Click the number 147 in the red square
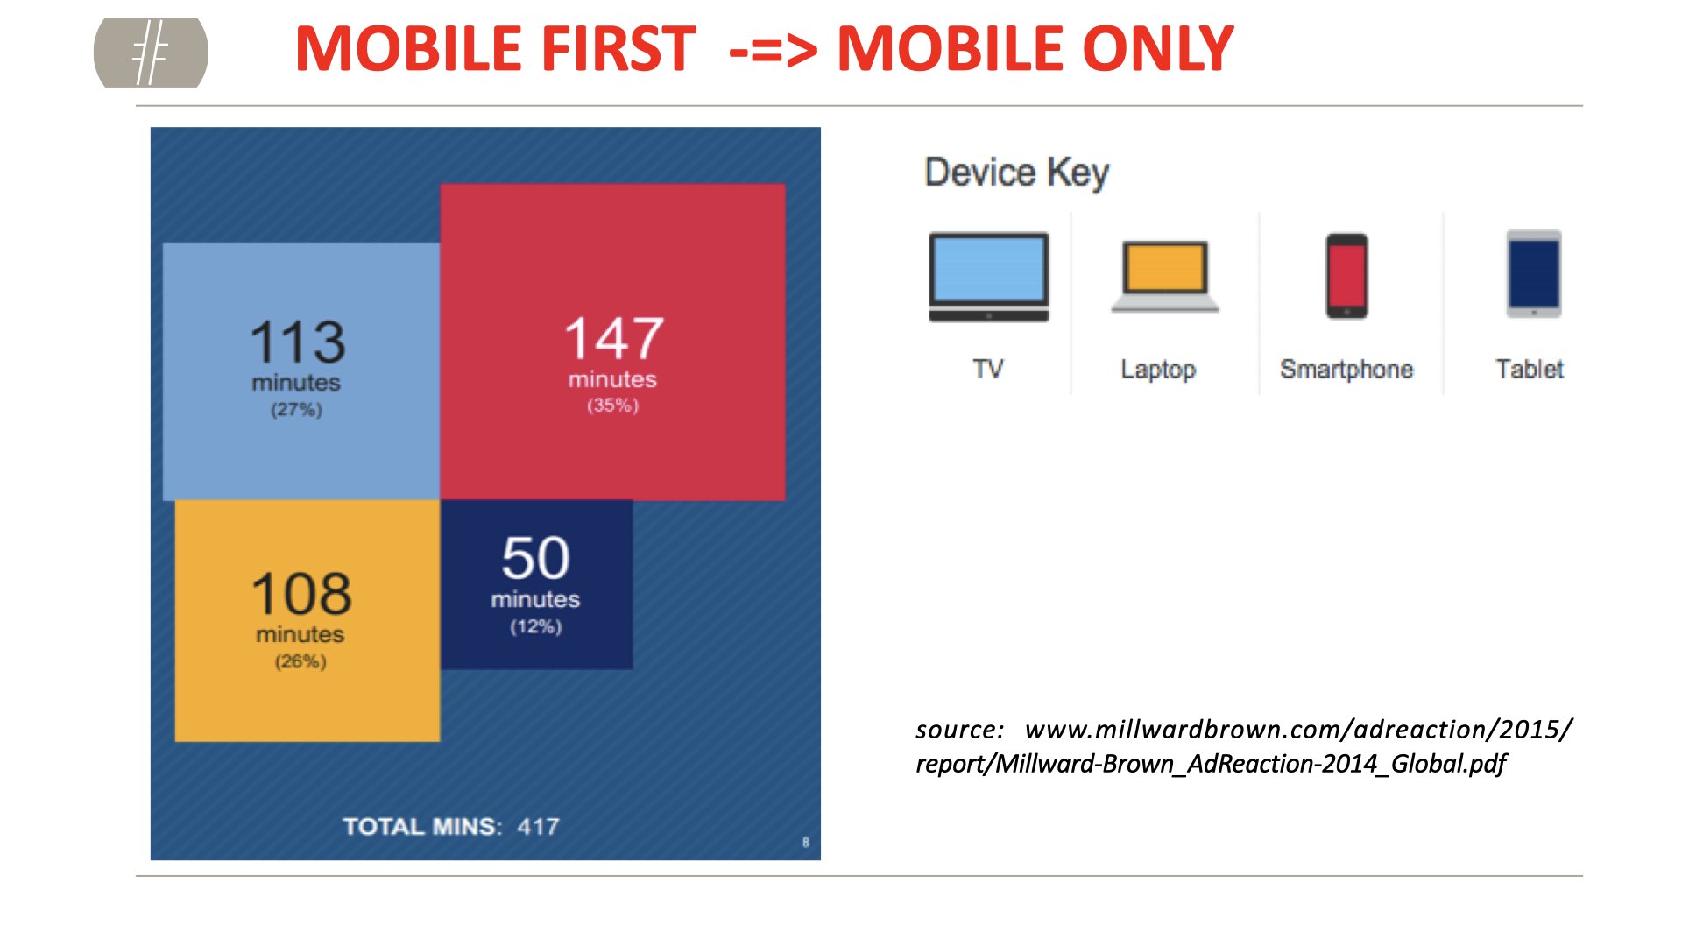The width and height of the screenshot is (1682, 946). tap(614, 338)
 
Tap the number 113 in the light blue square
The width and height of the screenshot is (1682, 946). tap(298, 342)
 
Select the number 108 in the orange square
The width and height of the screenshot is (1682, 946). tap(301, 594)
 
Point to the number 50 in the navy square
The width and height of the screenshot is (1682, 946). tap(535, 558)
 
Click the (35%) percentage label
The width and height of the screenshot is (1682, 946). tap(613, 406)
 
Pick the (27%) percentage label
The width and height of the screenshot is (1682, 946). tap(296, 409)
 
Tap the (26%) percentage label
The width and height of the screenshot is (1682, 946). tap(300, 661)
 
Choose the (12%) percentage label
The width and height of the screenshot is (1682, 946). tap(536, 626)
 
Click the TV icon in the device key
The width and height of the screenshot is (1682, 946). tap(989, 277)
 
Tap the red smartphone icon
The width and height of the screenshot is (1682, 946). tap(1346, 276)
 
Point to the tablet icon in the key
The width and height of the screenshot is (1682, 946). tap(1534, 274)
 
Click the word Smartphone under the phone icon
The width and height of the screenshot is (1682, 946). tap(1346, 370)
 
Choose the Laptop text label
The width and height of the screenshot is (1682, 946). tap(1158, 370)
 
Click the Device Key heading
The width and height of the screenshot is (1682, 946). tap(1017, 173)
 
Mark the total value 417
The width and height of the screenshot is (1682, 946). tap(538, 826)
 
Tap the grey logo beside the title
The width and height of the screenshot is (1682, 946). tap(151, 53)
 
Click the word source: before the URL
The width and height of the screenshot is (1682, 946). tap(959, 730)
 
